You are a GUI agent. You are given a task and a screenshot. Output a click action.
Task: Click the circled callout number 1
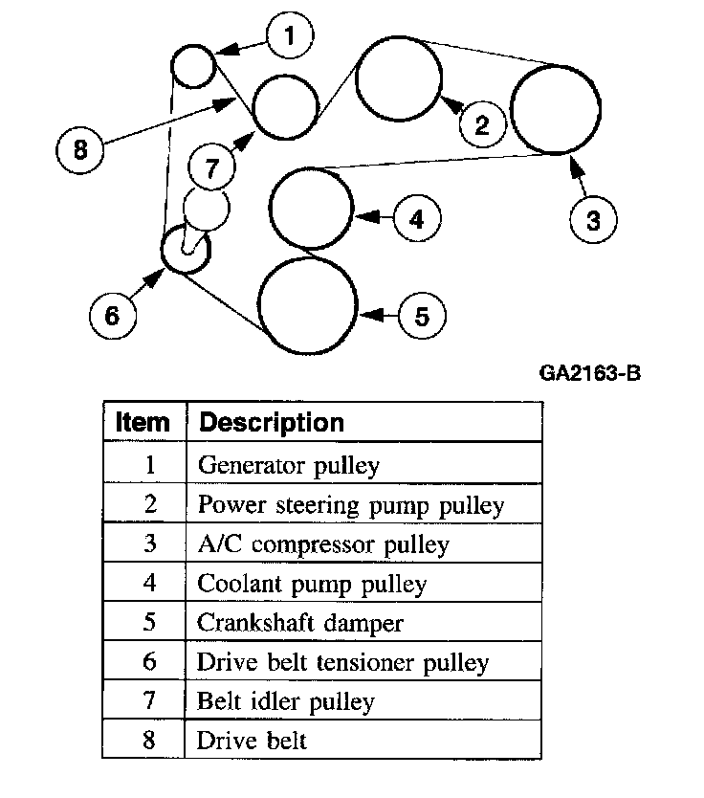pyautogui.click(x=291, y=37)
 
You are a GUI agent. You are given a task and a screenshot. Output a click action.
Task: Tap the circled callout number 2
pyautogui.click(x=482, y=122)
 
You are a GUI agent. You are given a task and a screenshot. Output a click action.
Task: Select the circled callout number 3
pyautogui.click(x=593, y=219)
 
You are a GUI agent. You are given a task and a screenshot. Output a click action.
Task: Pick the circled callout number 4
pyautogui.click(x=416, y=219)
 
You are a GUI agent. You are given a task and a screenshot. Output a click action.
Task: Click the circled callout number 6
pyautogui.click(x=113, y=314)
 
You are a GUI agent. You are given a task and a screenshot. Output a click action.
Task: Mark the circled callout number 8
pyautogui.click(x=80, y=149)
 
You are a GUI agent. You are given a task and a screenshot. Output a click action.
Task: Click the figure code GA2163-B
pyautogui.click(x=589, y=372)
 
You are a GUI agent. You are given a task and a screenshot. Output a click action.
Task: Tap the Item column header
pyautogui.click(x=143, y=423)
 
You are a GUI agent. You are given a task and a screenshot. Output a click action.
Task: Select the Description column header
pyautogui.click(x=271, y=423)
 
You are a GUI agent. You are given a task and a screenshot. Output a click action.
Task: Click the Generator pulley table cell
pyautogui.click(x=289, y=466)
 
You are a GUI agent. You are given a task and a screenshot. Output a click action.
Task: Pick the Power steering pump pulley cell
pyautogui.click(x=350, y=505)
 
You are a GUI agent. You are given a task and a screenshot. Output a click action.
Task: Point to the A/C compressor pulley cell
pyautogui.click(x=322, y=544)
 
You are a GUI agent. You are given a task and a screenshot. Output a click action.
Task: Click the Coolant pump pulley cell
pyautogui.click(x=312, y=584)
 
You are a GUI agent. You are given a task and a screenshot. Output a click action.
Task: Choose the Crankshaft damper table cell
pyautogui.click(x=300, y=623)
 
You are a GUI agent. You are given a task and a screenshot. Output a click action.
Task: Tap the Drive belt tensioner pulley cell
pyautogui.click(x=342, y=662)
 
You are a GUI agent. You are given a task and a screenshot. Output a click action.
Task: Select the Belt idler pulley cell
pyautogui.click(x=286, y=701)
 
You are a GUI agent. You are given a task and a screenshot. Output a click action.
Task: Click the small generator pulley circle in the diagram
pyautogui.click(x=192, y=65)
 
